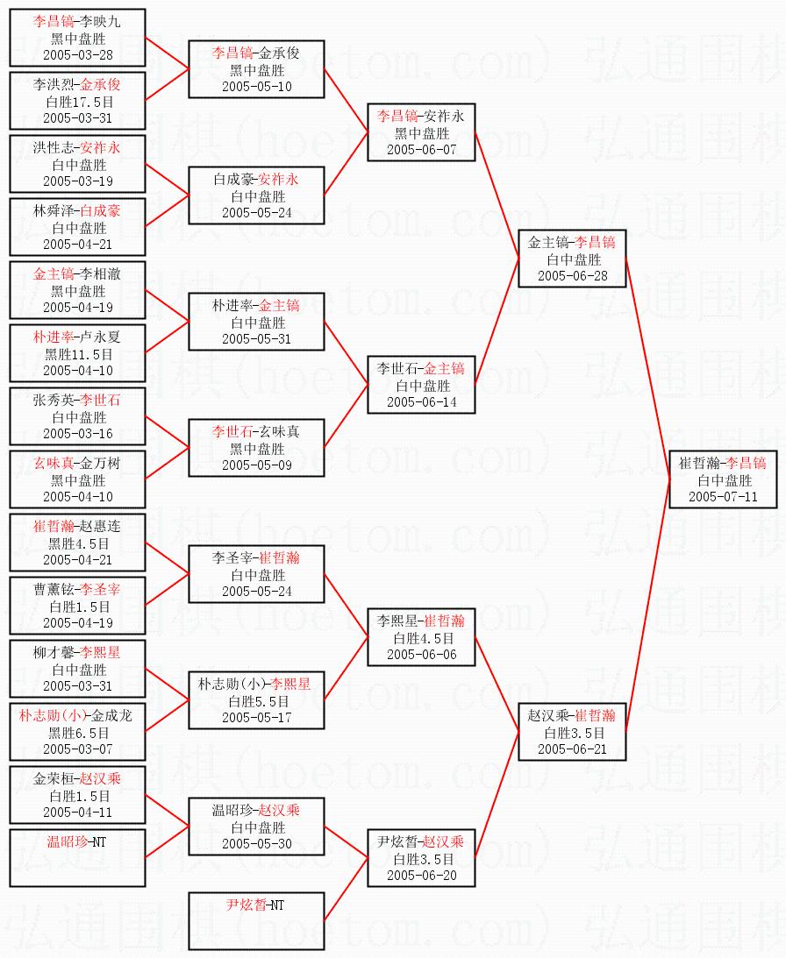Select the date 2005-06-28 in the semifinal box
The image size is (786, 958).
(572, 275)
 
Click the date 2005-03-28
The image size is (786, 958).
(77, 54)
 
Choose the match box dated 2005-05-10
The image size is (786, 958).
(256, 70)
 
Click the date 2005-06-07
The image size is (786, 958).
(421, 149)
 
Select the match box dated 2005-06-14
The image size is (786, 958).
(421, 385)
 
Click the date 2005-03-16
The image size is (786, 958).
(77, 433)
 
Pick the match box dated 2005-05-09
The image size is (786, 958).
(256, 448)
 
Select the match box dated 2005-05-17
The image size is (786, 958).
(256, 700)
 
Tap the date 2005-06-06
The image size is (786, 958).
(421, 654)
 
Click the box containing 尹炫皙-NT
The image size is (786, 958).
(256, 920)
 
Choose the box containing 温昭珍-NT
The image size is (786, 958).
(77, 858)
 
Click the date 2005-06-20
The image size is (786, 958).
(421, 875)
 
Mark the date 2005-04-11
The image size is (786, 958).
(77, 812)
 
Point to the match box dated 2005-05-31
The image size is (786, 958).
(256, 322)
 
